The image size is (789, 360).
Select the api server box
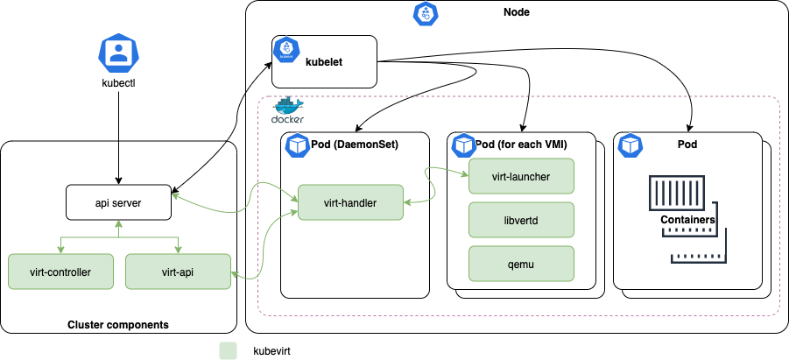click(118, 203)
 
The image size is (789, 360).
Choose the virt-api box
click(178, 271)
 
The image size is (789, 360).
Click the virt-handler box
click(349, 202)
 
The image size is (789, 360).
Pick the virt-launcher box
click(521, 176)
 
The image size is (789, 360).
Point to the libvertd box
click(521, 220)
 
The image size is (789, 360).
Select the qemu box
click(521, 263)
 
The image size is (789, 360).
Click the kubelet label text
click(324, 62)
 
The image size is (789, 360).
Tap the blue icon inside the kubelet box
click(284, 51)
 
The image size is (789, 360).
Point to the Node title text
click(516, 11)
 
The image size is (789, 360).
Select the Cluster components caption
click(118, 325)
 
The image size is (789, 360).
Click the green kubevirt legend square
click(229, 350)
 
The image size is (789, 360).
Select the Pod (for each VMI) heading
click(524, 144)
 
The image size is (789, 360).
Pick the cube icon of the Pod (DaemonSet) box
click(294, 145)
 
